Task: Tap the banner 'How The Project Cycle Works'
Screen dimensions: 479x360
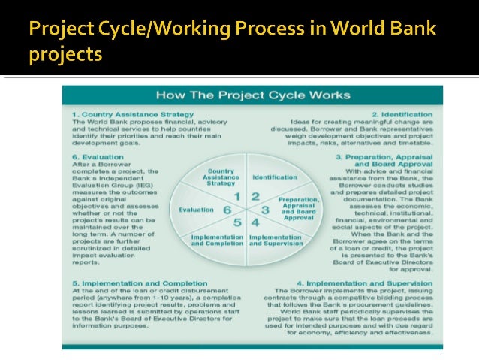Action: pyautogui.click(x=252, y=95)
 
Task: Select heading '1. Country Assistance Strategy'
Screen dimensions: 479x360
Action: pyautogui.click(x=133, y=115)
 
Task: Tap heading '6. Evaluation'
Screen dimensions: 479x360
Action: pyautogui.click(x=99, y=158)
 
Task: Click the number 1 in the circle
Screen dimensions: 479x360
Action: pyautogui.click(x=238, y=197)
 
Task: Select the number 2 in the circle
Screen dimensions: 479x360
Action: pyautogui.click(x=256, y=197)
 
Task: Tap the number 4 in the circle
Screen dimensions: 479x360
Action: pyautogui.click(x=255, y=223)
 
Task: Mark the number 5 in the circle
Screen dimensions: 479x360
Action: pyautogui.click(x=237, y=223)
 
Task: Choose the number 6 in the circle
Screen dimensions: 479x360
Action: pyautogui.click(x=227, y=210)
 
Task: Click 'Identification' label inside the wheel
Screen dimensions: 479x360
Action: pyautogui.click(x=275, y=177)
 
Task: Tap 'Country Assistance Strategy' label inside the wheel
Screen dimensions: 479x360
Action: pyautogui.click(x=220, y=177)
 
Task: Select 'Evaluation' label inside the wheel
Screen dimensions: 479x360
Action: pyautogui.click(x=196, y=210)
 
